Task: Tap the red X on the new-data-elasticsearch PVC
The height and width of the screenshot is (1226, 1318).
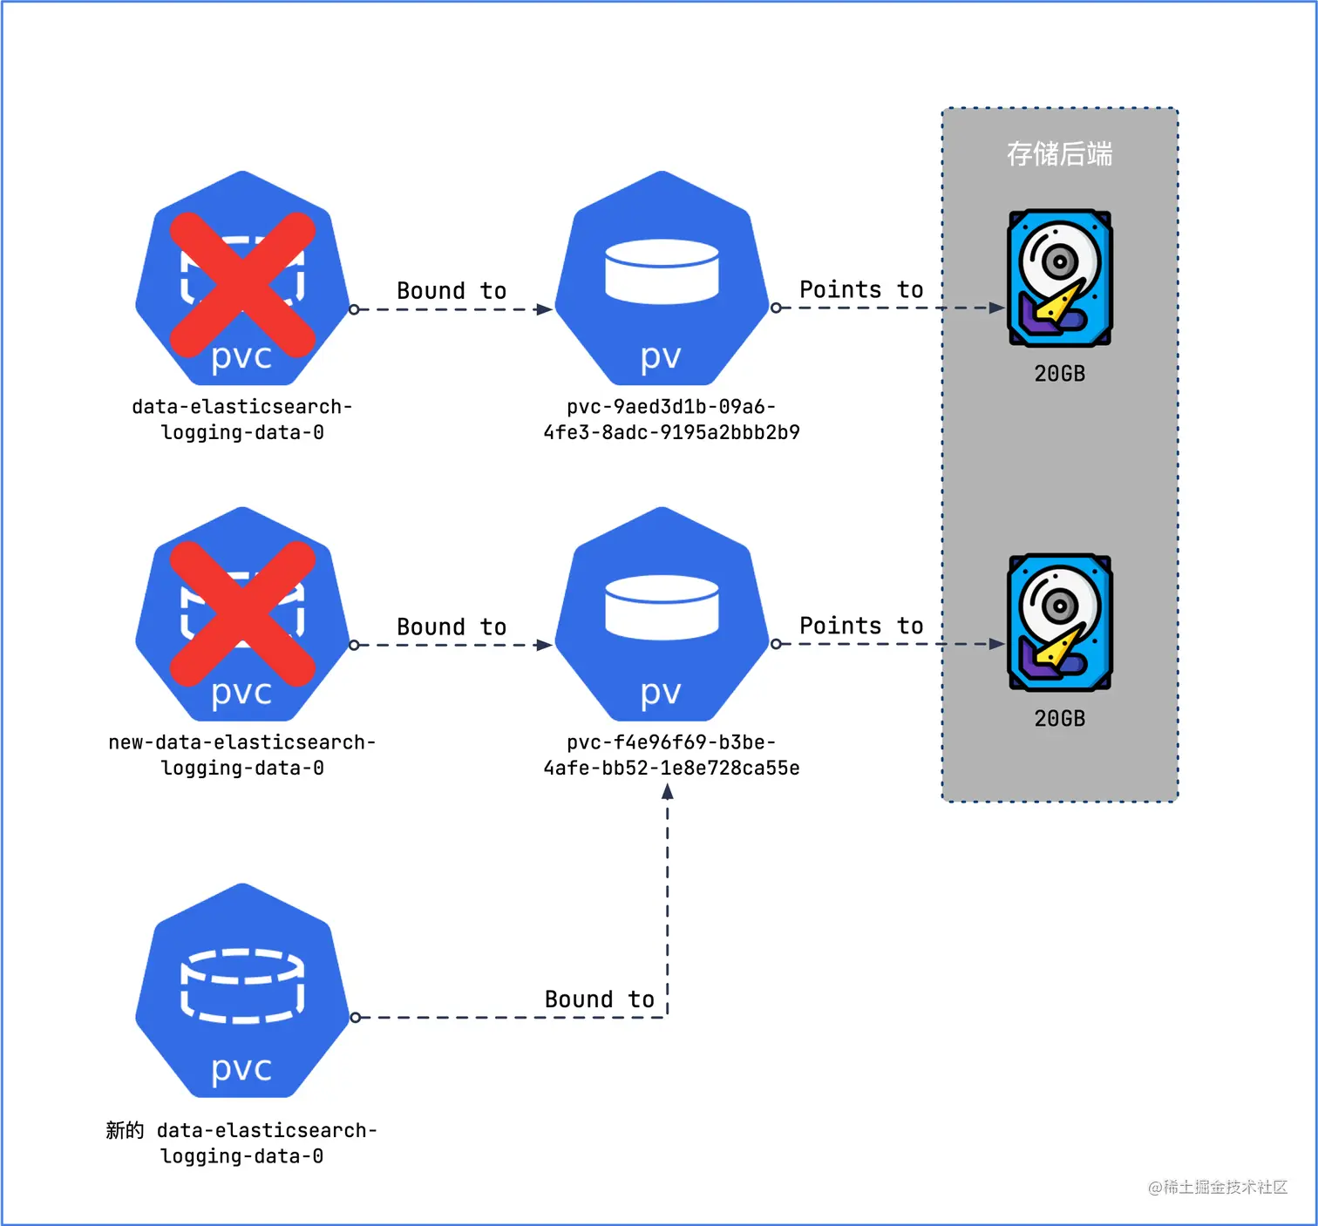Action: (242, 613)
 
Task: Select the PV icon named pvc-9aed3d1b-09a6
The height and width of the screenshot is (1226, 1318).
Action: (662, 279)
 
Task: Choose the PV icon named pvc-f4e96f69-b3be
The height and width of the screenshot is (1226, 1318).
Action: (662, 614)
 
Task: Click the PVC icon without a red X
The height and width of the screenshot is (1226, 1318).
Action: (242, 991)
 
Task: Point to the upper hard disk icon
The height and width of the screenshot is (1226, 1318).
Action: (1059, 278)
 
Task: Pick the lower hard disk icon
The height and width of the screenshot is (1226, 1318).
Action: (1059, 622)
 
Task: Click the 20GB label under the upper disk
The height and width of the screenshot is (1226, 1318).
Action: (1059, 374)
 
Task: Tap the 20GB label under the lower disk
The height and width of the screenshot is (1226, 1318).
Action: (1059, 719)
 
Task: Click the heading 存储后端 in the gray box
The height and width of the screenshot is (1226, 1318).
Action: (1059, 154)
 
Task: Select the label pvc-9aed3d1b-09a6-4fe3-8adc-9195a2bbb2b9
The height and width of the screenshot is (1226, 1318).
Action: (671, 419)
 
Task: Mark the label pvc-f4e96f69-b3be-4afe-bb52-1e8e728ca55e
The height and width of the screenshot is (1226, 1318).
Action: (671, 755)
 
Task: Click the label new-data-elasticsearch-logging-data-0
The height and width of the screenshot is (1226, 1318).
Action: (242, 755)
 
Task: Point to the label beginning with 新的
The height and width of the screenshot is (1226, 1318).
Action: (241, 1142)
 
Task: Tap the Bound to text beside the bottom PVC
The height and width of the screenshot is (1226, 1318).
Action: (599, 999)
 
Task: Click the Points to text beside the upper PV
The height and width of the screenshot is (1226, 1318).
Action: (861, 289)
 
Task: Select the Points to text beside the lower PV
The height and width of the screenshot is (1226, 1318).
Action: (861, 626)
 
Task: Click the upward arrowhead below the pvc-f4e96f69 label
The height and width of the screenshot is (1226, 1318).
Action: (668, 791)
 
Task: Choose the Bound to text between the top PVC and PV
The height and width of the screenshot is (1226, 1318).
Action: (452, 290)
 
